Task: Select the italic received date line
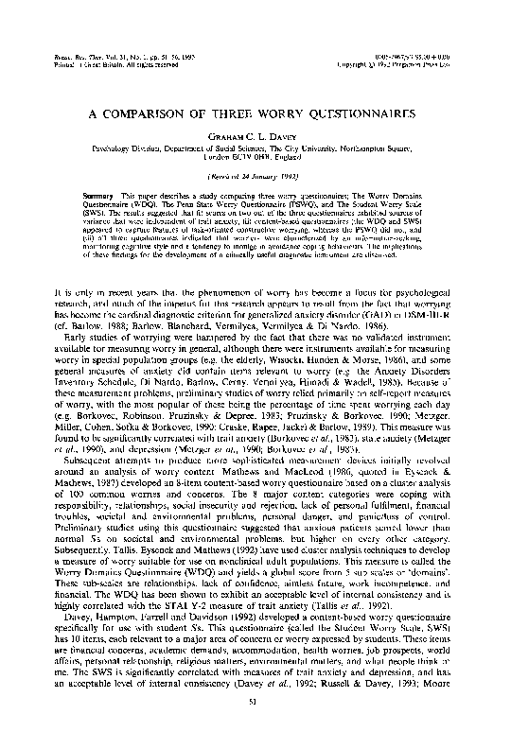tap(255, 177)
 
